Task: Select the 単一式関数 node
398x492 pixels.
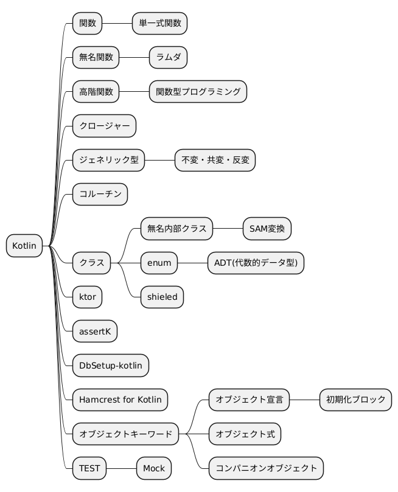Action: tap(159, 24)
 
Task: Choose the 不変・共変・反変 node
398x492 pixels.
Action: tap(215, 161)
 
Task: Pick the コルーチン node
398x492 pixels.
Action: tap(100, 195)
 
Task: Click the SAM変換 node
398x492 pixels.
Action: tap(267, 229)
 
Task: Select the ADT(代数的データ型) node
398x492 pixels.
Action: tap(256, 263)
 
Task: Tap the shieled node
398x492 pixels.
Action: tap(162, 297)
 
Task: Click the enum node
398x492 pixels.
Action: tap(159, 263)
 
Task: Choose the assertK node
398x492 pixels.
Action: tap(94, 331)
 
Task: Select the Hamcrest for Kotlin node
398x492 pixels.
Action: tap(120, 400)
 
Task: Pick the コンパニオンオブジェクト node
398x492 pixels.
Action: tap(266, 468)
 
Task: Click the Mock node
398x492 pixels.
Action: tap(154, 468)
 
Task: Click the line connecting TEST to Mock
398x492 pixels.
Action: tap(122, 468)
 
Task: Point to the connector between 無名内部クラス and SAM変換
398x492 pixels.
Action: tap(228, 229)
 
